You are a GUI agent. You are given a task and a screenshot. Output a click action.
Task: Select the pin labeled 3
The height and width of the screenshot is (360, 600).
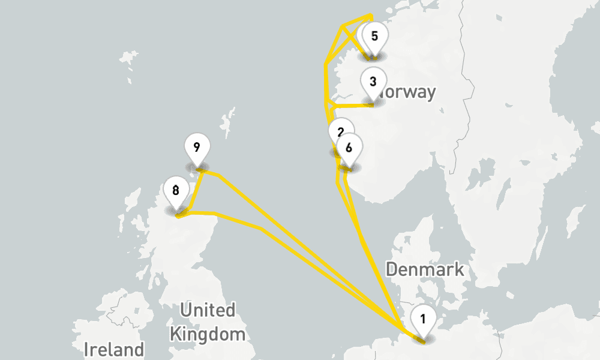coord(373,82)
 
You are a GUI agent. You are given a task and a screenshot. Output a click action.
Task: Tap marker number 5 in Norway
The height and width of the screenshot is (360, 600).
coord(374,36)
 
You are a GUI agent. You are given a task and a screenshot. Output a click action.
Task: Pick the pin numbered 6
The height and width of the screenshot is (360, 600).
coord(349,146)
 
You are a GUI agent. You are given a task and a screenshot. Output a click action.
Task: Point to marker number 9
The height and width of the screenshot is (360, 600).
coord(197,147)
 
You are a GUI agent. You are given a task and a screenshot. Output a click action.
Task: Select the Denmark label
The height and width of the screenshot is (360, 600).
coord(425,269)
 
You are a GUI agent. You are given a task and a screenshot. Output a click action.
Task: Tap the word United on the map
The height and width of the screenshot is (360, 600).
coord(208,311)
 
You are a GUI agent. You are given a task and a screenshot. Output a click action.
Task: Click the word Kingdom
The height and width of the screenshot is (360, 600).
coord(208,334)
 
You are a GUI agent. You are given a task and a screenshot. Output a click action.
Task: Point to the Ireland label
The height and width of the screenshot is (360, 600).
coord(114,349)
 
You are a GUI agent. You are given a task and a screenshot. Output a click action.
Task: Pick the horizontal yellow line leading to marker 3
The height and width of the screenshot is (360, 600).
coord(351,106)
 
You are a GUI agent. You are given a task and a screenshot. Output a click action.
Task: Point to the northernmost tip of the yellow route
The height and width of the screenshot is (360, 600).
coord(370,15)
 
